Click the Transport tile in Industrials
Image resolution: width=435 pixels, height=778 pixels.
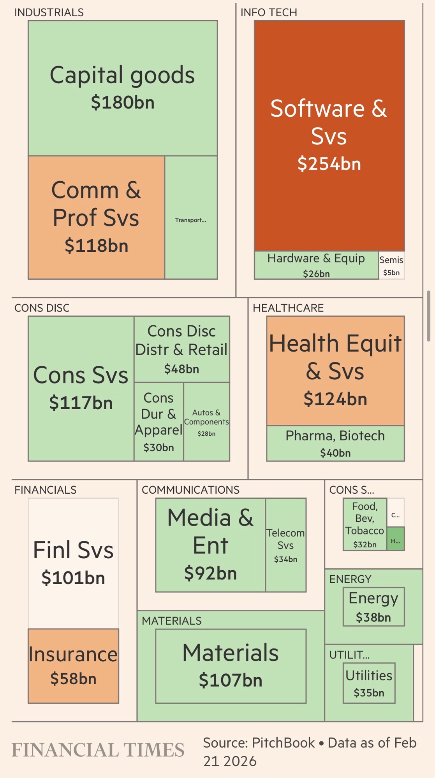(191, 218)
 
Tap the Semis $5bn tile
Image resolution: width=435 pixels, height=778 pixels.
(391, 265)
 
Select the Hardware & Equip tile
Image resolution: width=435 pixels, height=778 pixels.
(316, 265)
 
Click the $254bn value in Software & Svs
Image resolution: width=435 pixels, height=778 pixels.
(329, 164)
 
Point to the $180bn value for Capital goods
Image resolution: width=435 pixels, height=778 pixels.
(123, 102)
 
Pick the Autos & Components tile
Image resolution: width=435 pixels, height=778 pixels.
(206, 422)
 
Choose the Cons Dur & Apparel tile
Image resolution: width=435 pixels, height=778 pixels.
(159, 422)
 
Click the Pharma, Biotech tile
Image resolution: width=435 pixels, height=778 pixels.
(335, 443)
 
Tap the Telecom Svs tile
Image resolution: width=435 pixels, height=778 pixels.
(285, 545)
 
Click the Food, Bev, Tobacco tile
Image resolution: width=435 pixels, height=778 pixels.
(365, 524)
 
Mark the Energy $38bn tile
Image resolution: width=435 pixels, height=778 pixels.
(373, 606)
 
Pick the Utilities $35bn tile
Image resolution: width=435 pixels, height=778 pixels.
(369, 683)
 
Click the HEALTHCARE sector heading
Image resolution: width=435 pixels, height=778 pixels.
(288, 308)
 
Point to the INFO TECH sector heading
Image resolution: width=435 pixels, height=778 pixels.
(269, 12)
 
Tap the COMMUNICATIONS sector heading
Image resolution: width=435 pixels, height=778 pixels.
(190, 490)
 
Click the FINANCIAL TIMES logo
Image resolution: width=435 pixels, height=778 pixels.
(98, 750)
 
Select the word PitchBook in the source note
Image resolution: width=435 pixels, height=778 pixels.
(283, 743)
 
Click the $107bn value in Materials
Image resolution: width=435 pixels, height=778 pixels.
(231, 680)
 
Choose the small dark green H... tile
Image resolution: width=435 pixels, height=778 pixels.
(396, 539)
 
